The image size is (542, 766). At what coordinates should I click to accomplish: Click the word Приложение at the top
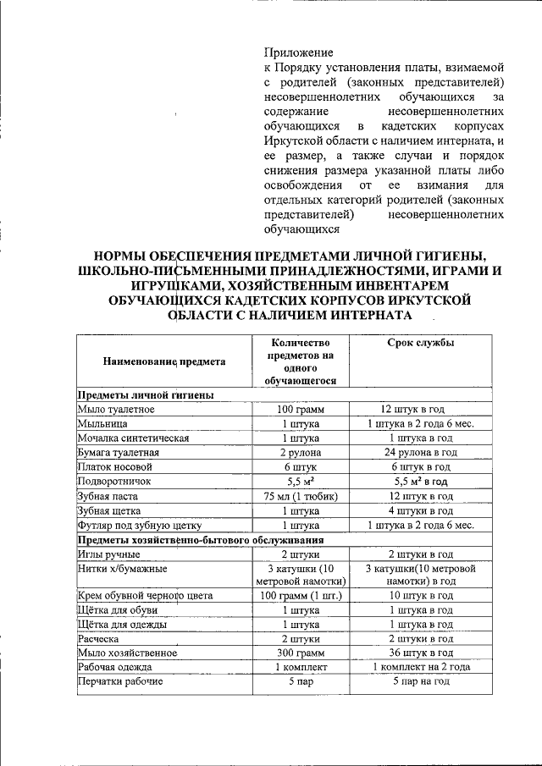click(x=298, y=52)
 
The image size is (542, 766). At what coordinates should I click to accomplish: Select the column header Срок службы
click(x=421, y=344)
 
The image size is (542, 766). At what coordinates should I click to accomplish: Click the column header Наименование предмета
click(x=164, y=361)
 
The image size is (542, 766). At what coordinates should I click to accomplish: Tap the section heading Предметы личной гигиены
click(x=145, y=394)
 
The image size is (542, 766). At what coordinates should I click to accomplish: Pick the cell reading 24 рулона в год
click(x=421, y=452)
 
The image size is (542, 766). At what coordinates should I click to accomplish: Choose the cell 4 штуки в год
click(x=421, y=510)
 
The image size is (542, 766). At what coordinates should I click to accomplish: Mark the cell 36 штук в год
click(x=421, y=653)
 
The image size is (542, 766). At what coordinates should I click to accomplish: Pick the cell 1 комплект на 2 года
click(x=421, y=667)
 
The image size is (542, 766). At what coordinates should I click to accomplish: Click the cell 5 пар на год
click(x=421, y=681)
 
